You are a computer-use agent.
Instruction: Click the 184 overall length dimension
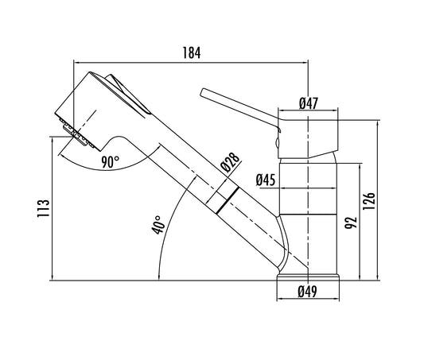pos(192,52)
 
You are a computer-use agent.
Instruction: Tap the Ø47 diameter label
pos(309,103)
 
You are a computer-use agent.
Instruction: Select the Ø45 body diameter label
pos(266,180)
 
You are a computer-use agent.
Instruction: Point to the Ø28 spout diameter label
pos(230,163)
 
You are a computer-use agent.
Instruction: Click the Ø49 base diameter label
pos(307,292)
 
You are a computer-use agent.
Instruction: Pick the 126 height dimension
pos(369,201)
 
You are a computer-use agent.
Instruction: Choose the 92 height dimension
pos(351,223)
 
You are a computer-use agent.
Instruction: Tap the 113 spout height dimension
pos(43,208)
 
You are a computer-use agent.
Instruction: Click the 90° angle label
pos(111,162)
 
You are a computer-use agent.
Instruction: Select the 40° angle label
pos(158,224)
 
